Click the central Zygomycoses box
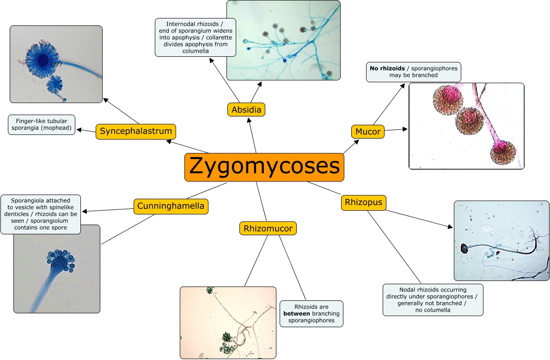tap(264, 167)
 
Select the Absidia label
tap(246, 110)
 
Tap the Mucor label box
tap(368, 132)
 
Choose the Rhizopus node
tap(363, 202)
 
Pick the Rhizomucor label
tap(268, 228)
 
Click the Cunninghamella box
tap(171, 206)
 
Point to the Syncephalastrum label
tap(136, 131)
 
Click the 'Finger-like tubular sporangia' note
tap(42, 125)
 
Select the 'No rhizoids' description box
tap(414, 72)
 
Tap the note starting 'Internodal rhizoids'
tap(195, 37)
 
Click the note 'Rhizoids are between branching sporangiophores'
tap(311, 314)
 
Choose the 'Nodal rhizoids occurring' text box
tap(433, 300)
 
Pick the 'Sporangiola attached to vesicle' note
tap(40, 214)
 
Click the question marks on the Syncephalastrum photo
tap(56, 65)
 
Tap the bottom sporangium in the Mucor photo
tap(502, 153)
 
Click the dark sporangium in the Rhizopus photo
tap(464, 249)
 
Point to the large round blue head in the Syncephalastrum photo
tap(43, 60)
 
